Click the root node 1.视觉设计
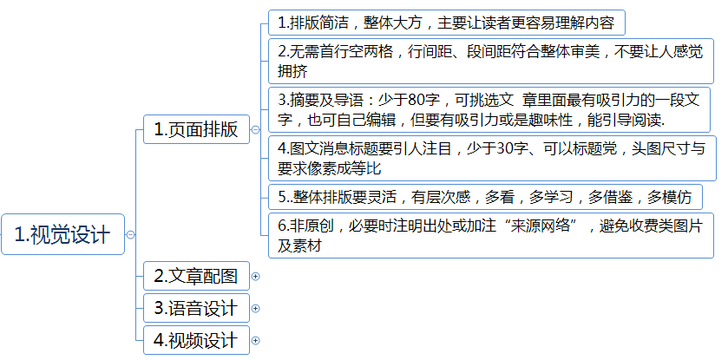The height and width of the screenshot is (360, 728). [62, 234]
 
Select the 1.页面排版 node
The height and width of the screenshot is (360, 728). [196, 129]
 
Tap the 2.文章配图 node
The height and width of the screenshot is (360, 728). [196, 276]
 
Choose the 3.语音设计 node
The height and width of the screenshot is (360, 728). [196, 308]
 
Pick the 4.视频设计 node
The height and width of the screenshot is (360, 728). [196, 340]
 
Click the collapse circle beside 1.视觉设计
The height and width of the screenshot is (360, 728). [130, 235]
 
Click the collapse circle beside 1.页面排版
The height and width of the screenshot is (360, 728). [255, 130]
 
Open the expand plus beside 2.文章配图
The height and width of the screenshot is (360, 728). [255, 277]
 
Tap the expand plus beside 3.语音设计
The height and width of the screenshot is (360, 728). [255, 309]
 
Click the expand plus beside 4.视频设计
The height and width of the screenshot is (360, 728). [255, 341]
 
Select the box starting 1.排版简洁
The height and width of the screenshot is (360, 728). [447, 23]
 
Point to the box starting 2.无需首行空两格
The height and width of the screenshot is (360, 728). [491, 61]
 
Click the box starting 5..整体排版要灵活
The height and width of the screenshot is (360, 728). [485, 197]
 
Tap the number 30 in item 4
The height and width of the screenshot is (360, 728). [505, 148]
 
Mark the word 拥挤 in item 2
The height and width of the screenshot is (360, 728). [292, 71]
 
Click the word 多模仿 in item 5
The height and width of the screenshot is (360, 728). [669, 197]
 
